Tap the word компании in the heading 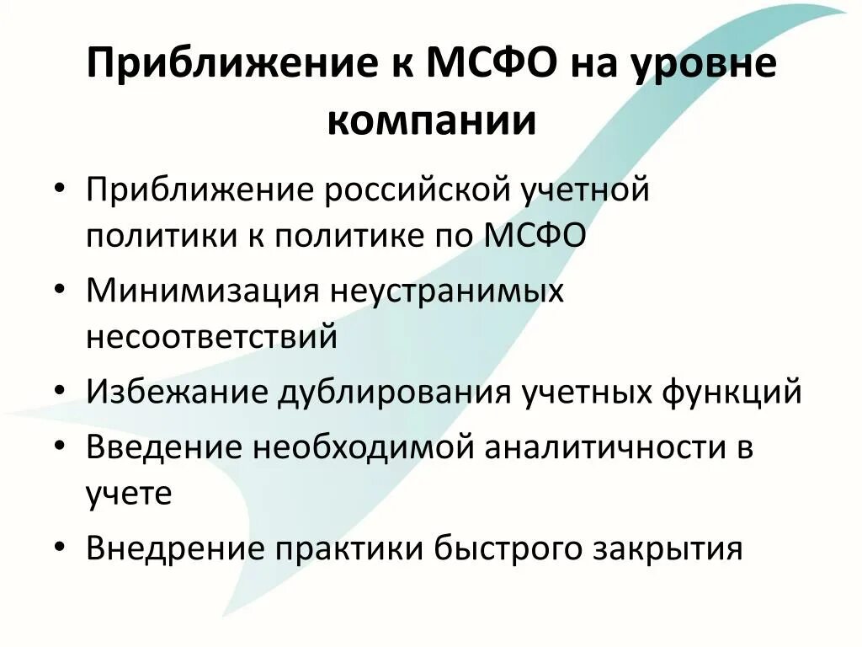click(431, 120)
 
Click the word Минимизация click(201, 291)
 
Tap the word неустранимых click(446, 291)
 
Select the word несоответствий click(211, 336)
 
